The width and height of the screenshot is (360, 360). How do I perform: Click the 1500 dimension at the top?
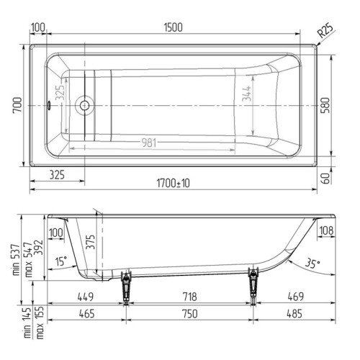pos(174,27)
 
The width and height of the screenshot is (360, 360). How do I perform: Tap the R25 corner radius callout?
pos(325,30)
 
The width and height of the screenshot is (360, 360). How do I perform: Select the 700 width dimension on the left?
pos(17,104)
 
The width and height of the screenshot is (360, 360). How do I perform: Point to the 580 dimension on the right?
pos(325,105)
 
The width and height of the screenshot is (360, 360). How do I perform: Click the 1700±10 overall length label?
pos(174,184)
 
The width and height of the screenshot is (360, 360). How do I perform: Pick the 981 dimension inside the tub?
pos(149,143)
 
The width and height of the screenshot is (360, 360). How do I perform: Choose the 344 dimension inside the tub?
pos(247,94)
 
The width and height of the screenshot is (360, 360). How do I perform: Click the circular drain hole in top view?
pos(84,105)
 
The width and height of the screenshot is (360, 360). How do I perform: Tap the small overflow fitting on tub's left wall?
pos(49,105)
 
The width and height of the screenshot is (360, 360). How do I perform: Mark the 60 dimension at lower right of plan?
pos(325,178)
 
